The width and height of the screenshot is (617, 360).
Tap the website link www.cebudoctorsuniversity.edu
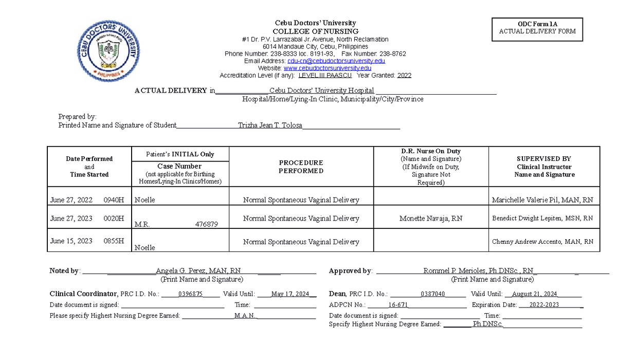(x=327, y=68)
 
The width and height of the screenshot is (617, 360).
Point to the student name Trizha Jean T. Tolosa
(x=270, y=125)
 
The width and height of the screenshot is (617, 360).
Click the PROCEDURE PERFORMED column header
(x=301, y=167)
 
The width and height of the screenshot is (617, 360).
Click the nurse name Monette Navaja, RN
(x=431, y=219)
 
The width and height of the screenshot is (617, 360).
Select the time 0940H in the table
(x=114, y=200)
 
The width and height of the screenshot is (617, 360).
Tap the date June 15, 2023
(x=71, y=241)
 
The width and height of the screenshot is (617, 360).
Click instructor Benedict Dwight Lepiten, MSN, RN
(x=542, y=219)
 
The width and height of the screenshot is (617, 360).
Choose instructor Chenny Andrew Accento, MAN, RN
(x=542, y=242)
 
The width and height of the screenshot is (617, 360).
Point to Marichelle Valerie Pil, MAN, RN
(x=542, y=200)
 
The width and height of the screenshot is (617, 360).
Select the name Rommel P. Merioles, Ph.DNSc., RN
(x=478, y=271)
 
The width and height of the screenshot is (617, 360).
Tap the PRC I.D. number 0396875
(x=190, y=294)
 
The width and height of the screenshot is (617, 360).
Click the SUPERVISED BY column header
(x=544, y=167)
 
